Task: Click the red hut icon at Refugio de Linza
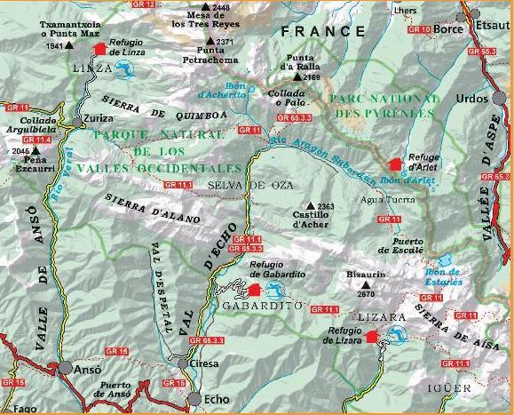tap(99, 49)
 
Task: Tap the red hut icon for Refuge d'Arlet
tap(395, 164)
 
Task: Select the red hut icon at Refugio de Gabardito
tap(256, 290)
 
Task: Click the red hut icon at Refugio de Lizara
tap(372, 336)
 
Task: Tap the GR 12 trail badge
tap(144, 4)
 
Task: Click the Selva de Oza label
tap(236, 184)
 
